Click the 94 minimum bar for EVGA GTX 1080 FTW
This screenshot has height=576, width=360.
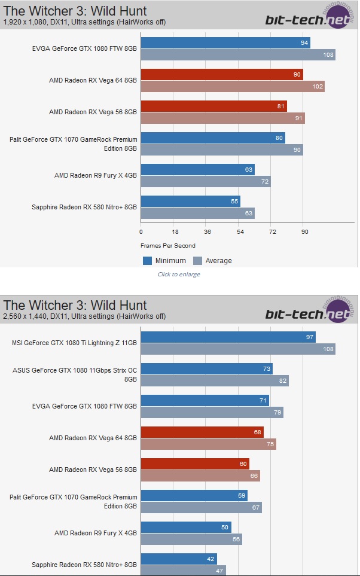point(225,42)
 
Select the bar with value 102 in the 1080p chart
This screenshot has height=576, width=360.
point(233,86)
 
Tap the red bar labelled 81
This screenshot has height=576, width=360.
point(214,106)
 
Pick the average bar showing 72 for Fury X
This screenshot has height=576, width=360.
point(206,181)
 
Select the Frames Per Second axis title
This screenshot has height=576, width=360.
point(168,245)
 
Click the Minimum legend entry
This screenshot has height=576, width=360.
point(164,260)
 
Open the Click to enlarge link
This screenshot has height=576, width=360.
point(179,275)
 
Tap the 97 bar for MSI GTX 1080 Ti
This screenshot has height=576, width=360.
point(228,337)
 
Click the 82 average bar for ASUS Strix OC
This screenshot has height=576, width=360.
point(215,380)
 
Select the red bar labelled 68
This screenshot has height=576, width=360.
point(202,432)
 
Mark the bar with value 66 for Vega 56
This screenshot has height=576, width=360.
point(200,476)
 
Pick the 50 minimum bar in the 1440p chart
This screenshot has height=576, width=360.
point(186,527)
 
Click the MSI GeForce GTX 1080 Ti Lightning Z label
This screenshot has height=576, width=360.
point(74,343)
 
